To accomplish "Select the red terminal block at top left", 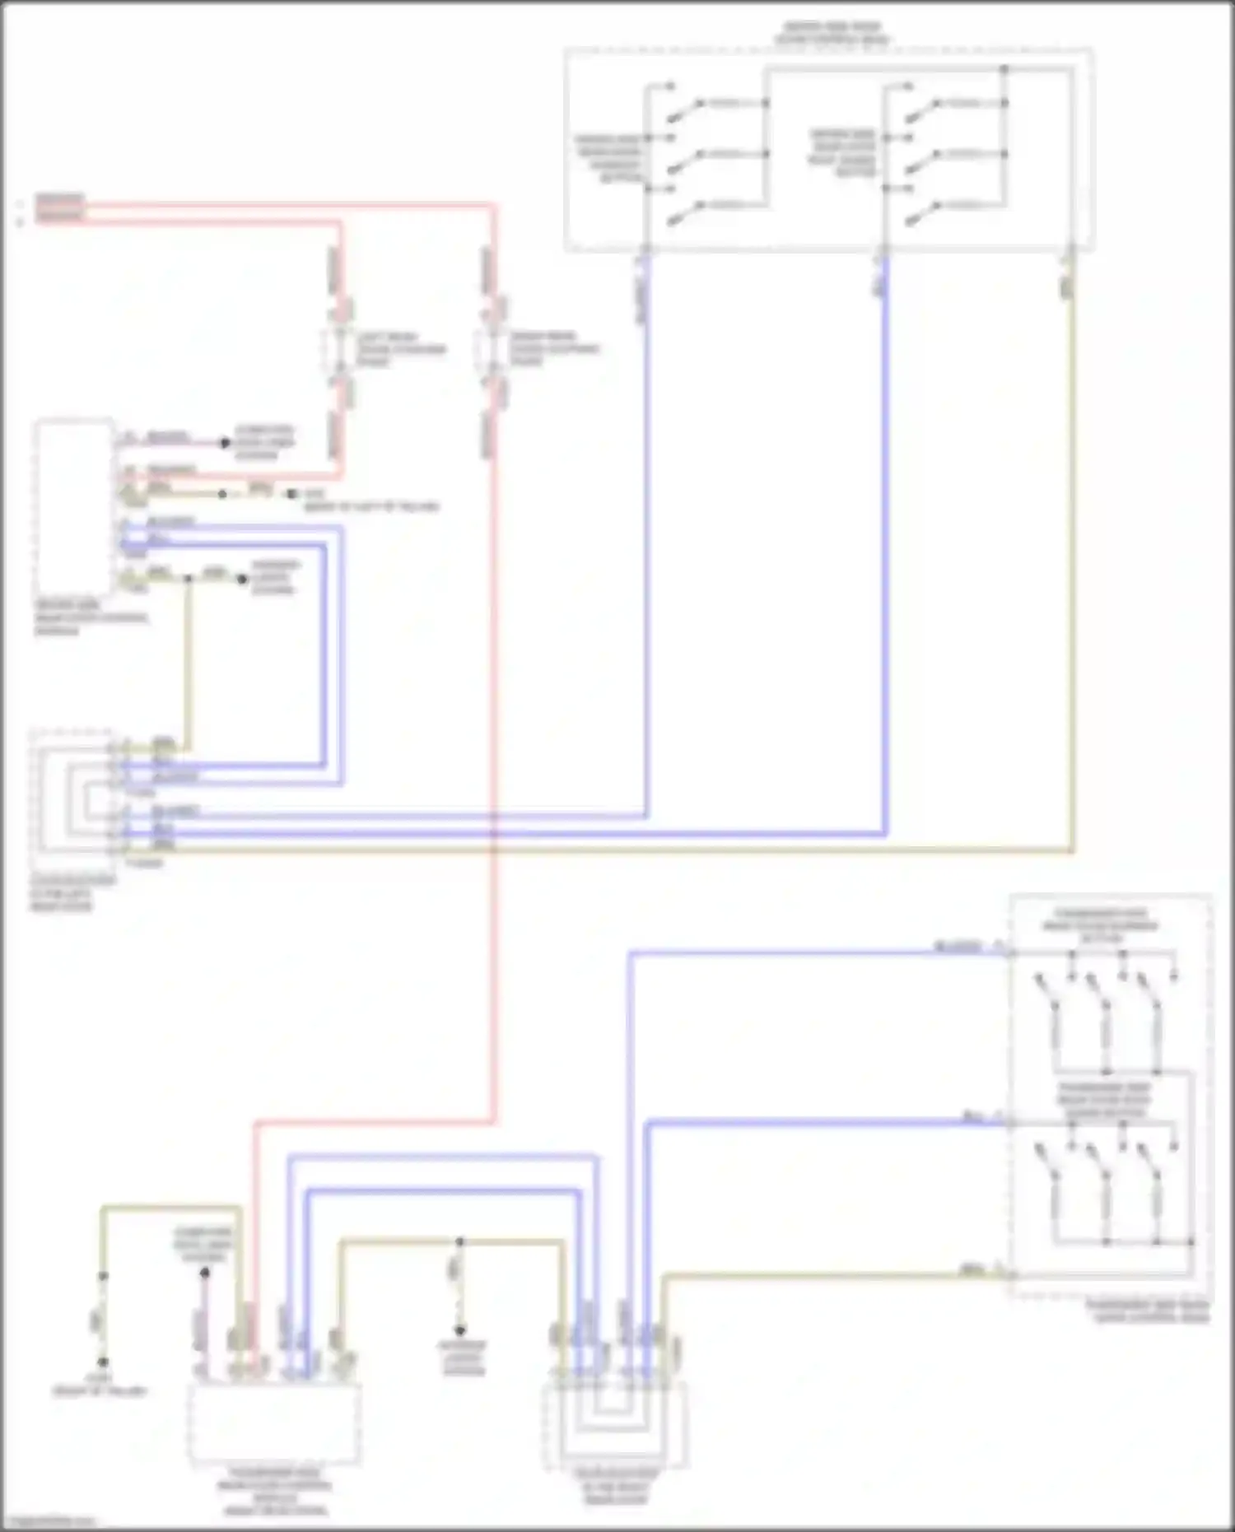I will click(59, 209).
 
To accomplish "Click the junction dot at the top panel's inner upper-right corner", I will click(1004, 69).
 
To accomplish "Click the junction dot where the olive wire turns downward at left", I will click(188, 579).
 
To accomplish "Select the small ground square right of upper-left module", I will click(290, 494).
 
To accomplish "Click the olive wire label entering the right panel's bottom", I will click(972, 1271).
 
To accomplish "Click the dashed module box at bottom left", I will click(274, 1423).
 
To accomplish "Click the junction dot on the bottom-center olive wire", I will click(459, 1241).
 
